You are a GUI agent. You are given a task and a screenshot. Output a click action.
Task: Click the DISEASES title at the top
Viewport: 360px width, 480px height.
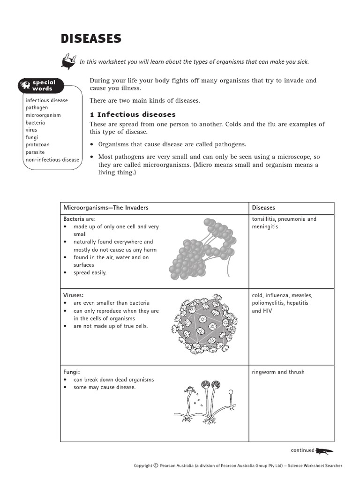91,38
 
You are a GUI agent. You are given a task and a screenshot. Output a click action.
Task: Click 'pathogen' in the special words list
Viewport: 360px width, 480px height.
37,108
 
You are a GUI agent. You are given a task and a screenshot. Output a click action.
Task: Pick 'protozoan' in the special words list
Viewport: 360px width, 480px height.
37,145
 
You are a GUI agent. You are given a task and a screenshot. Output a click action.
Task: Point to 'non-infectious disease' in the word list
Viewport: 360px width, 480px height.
52,160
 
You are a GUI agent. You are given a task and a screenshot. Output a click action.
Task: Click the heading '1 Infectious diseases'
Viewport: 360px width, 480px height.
133,114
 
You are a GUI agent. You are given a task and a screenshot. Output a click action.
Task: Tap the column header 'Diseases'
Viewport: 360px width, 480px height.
263,208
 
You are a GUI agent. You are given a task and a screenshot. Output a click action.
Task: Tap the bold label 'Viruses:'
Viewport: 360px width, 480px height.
74,295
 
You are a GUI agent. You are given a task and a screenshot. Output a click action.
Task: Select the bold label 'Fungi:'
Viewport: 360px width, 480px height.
71,372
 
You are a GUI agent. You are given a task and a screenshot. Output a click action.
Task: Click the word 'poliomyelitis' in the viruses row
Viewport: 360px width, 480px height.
270,303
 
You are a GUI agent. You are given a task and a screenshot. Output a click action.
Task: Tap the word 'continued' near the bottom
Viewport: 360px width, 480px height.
302,450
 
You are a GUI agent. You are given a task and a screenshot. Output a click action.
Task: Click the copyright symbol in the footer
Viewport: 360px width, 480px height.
156,465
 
